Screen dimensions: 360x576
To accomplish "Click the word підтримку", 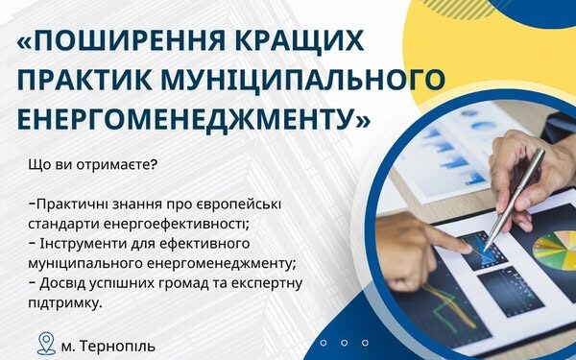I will (68, 303).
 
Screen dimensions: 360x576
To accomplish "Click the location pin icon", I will (44, 343).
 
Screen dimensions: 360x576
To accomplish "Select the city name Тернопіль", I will (114, 344).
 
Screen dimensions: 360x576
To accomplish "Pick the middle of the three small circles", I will (341, 343).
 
